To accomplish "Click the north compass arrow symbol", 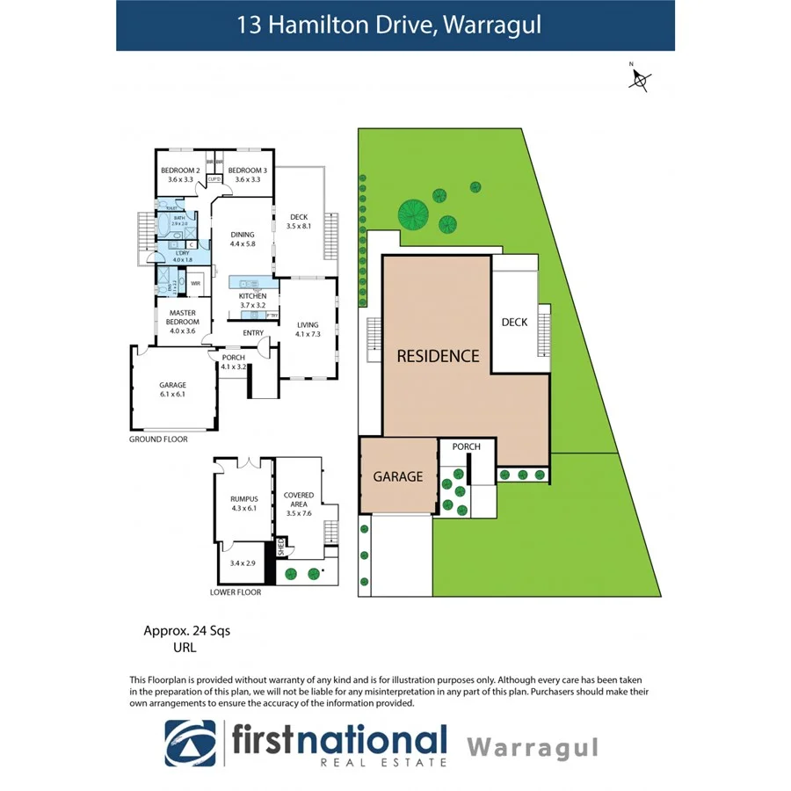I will coord(639,80).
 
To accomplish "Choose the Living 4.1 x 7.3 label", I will coord(308,329).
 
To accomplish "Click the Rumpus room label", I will coord(242,504).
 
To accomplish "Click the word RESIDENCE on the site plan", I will coord(438,356).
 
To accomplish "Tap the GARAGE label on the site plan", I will coord(398,476).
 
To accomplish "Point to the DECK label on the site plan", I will coord(514,323).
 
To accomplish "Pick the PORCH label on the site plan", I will coord(466,446).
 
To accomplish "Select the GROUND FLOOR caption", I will coord(158,439).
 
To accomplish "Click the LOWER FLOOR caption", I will coord(236,592).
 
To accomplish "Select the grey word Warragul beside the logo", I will coord(533,747).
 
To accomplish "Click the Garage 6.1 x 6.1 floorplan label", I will coord(172,389).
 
